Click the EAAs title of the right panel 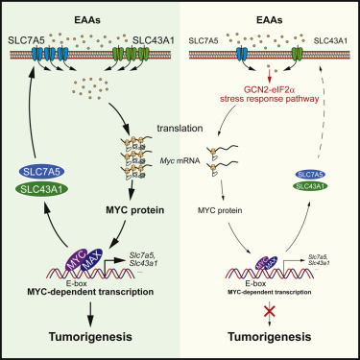274,10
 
